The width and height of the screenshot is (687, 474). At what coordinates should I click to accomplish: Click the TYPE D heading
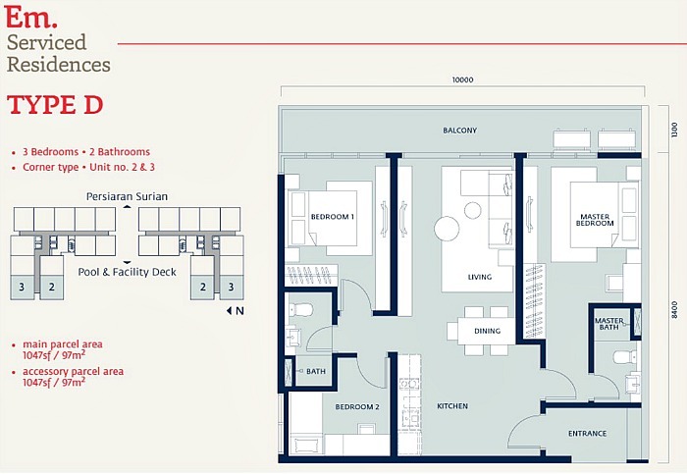coord(56,106)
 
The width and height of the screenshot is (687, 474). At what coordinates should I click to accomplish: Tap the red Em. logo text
coord(31,18)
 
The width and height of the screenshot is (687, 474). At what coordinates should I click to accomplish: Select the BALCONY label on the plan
coord(459,131)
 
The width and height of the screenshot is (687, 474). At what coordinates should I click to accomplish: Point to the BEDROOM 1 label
coord(332,216)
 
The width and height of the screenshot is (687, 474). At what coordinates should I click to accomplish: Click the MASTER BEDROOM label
coord(596,220)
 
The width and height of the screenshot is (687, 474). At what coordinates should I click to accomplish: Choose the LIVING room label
coord(479,277)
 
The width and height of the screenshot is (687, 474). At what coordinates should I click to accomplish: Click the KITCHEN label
coord(452,405)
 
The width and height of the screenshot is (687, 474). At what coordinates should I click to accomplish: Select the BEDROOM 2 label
coord(357,406)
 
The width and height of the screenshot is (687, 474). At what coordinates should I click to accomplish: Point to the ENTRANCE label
coord(588,433)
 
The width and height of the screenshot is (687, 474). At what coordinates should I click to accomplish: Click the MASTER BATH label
coord(609,324)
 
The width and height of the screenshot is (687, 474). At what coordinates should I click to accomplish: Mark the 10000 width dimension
coord(462,80)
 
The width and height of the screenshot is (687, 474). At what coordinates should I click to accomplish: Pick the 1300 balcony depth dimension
coord(674,130)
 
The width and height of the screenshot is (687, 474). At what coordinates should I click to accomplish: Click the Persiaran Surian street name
coord(127,196)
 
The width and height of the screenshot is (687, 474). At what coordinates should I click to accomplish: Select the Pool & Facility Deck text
coord(127,272)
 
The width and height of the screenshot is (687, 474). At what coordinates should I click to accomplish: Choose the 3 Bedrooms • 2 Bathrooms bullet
coord(86,152)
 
